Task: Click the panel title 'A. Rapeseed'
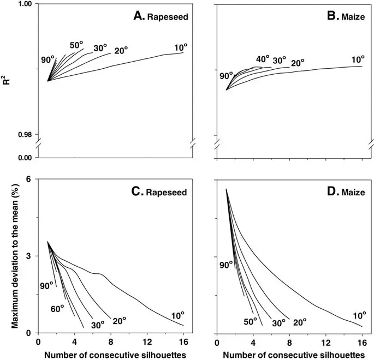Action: (x=161, y=16)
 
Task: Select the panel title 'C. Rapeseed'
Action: (x=161, y=192)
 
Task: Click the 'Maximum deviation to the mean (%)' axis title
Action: (x=7, y=256)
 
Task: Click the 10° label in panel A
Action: (x=181, y=48)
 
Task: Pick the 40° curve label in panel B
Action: (x=263, y=59)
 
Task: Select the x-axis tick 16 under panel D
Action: (x=361, y=342)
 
